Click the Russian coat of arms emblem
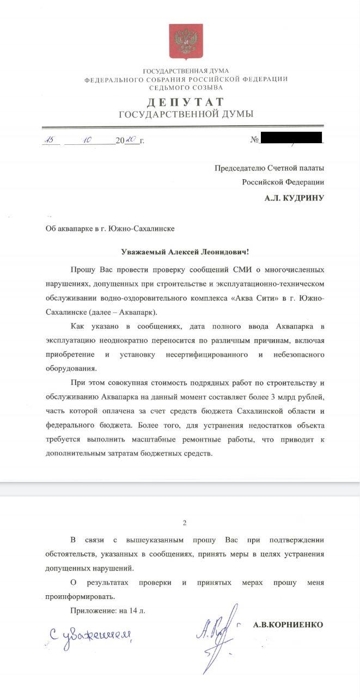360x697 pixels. (186, 41)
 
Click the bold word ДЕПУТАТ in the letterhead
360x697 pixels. (186, 102)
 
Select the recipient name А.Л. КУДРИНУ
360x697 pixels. (294, 198)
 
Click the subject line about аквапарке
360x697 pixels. (110, 229)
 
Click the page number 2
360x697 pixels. (184, 523)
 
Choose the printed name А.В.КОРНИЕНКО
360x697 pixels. (288, 625)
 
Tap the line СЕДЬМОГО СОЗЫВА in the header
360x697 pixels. (186, 87)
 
